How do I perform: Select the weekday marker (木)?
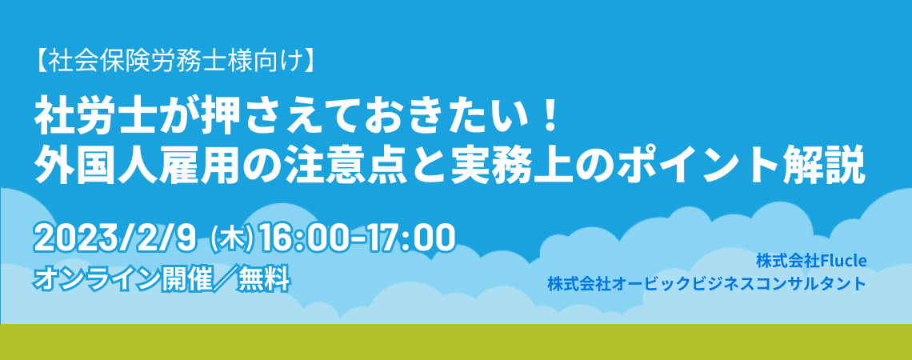233,240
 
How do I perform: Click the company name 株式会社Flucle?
811,262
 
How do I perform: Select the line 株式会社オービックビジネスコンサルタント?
706,284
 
